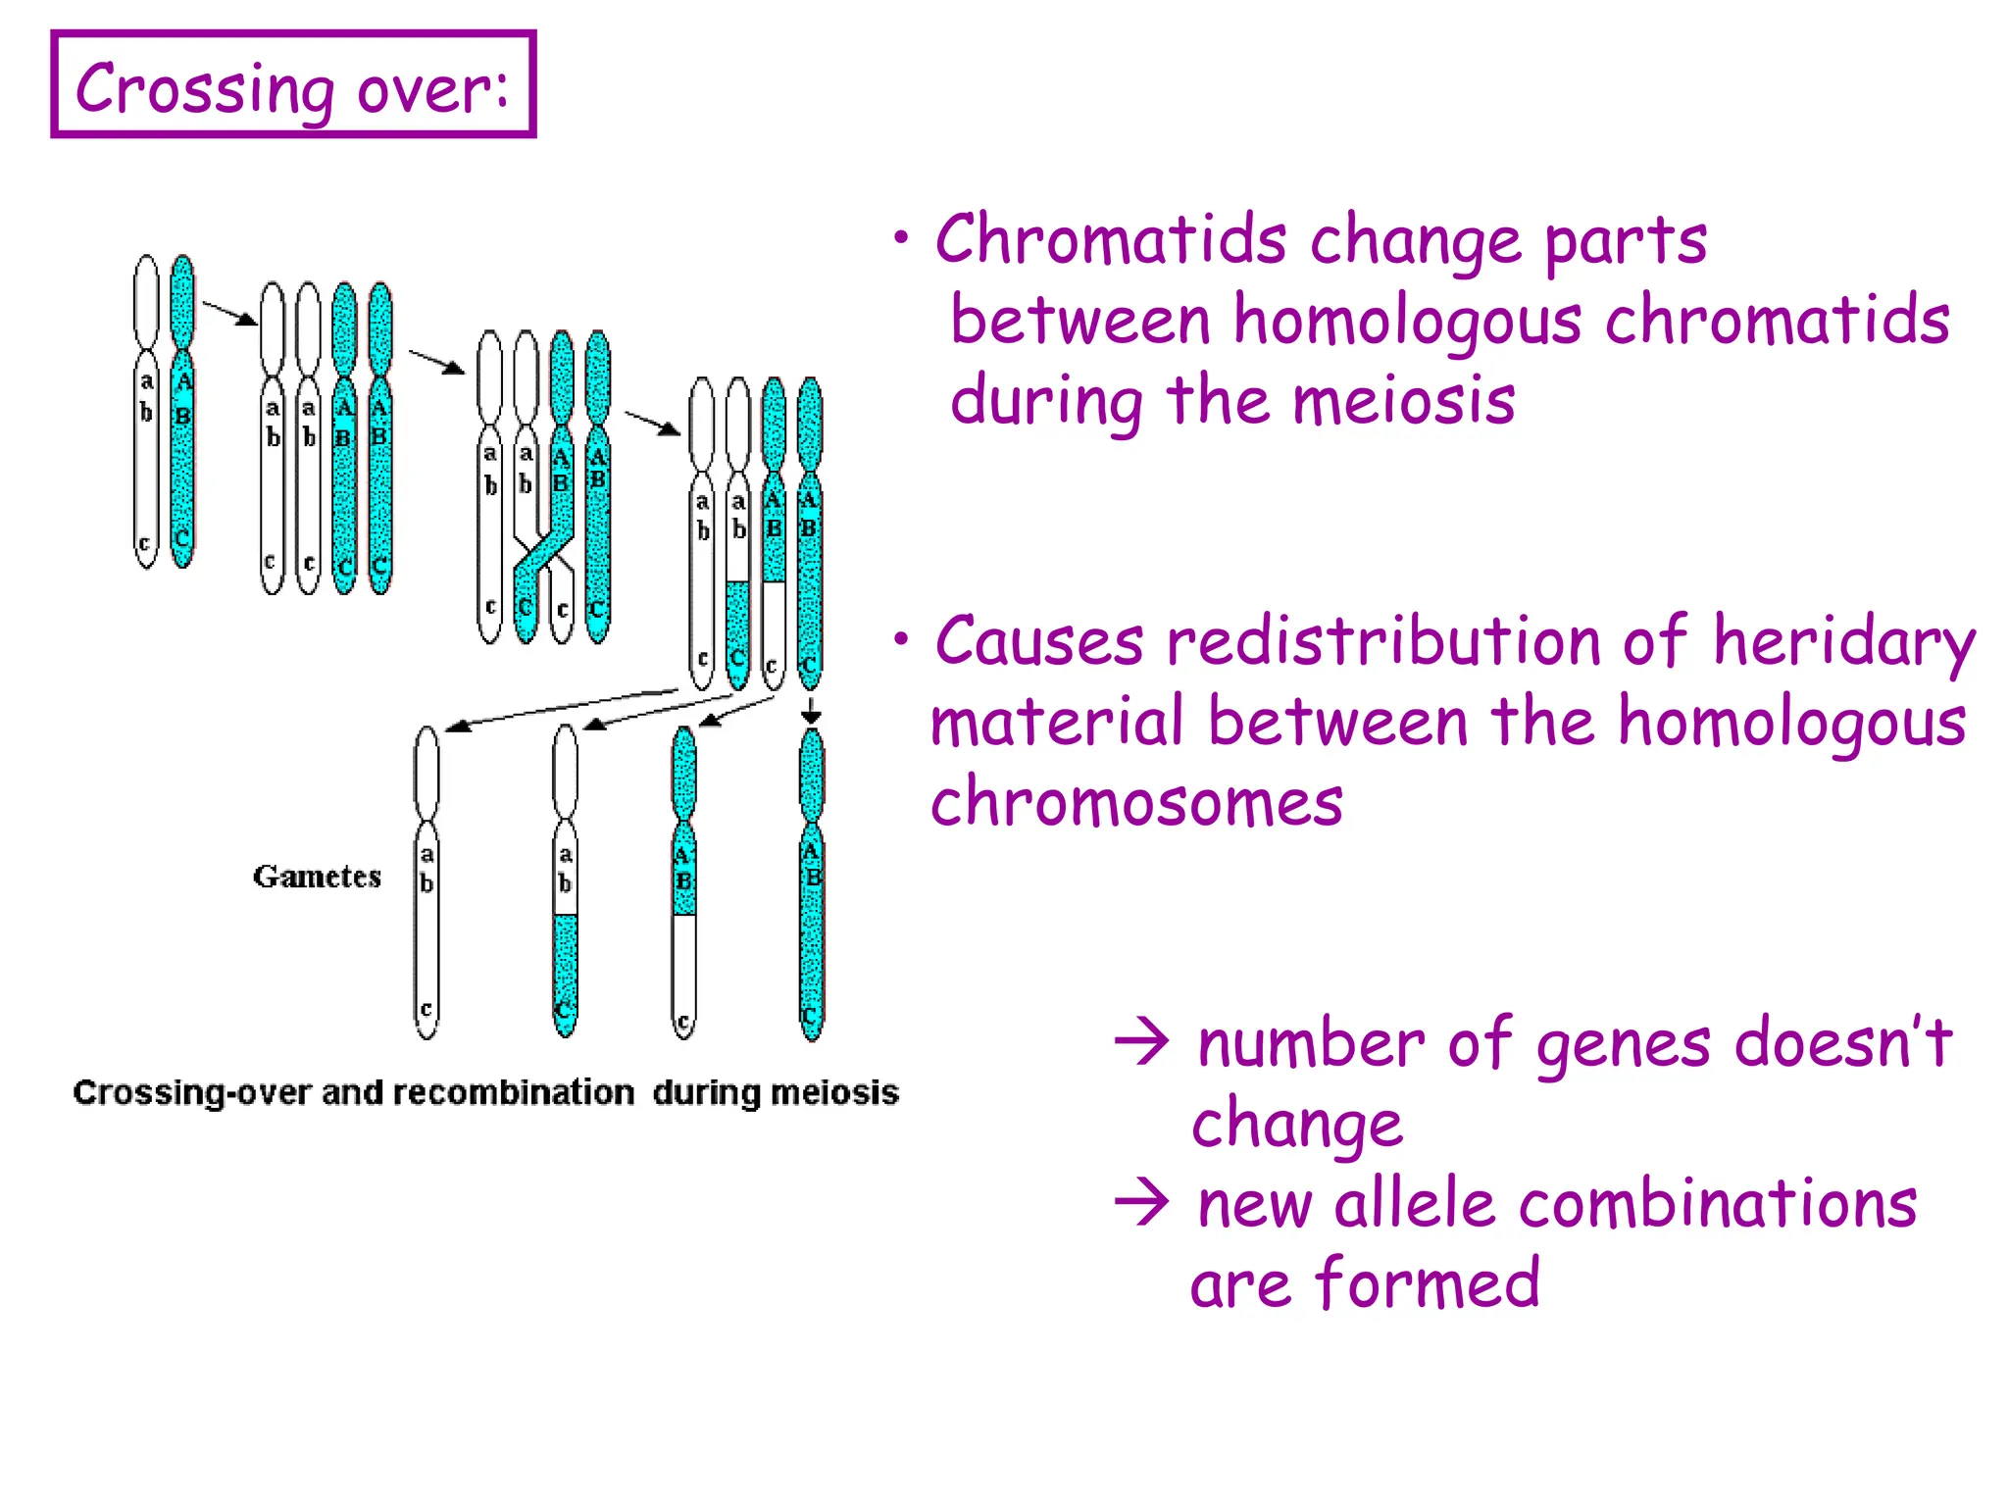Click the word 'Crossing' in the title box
click(204, 89)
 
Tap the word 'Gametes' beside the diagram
click(317, 877)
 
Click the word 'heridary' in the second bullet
click(1843, 642)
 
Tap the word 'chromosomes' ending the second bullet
click(1136, 803)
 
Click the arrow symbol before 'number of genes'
click(1142, 1042)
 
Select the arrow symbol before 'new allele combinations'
click(1142, 1203)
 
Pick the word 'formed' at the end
click(1428, 1284)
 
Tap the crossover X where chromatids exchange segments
click(543, 553)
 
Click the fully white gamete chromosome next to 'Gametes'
click(427, 882)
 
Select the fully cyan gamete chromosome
click(811, 882)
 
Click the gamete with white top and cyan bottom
click(565, 882)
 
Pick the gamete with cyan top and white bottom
click(684, 882)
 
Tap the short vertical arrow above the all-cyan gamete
click(811, 712)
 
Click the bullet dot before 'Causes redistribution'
click(900, 640)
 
